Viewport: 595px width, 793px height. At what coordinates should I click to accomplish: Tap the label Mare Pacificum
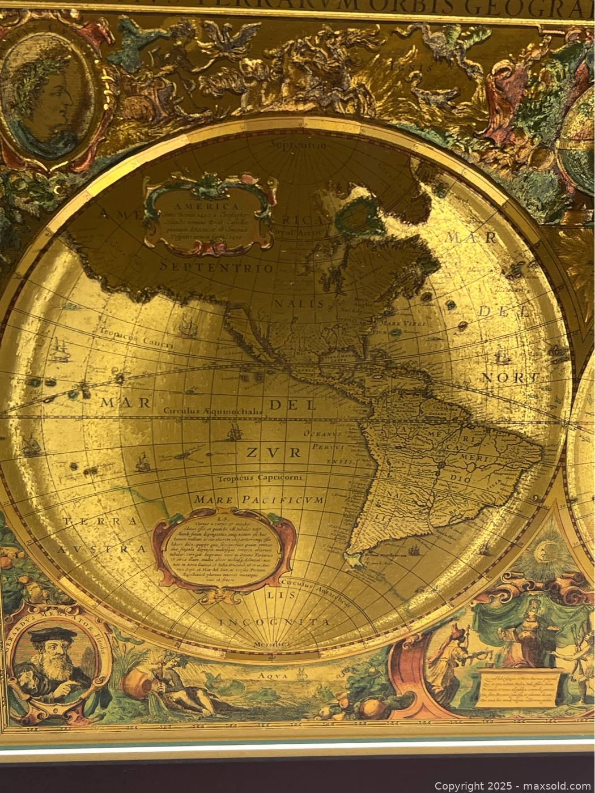(x=258, y=500)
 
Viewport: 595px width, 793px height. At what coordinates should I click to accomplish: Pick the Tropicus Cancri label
(x=127, y=333)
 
